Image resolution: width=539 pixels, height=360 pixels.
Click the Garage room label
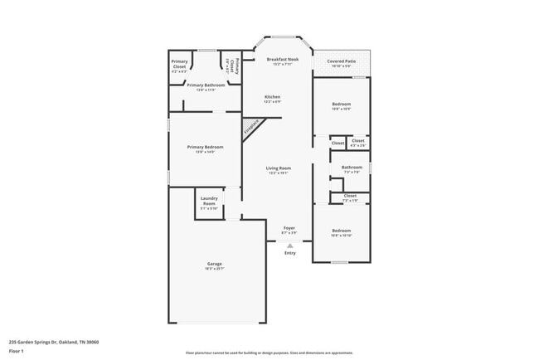click(215, 265)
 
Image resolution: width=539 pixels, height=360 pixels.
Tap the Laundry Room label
click(208, 201)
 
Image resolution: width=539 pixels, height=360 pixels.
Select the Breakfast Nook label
click(283, 60)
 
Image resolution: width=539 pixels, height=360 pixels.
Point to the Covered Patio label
click(342, 61)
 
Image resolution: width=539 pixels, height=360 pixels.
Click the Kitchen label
click(273, 97)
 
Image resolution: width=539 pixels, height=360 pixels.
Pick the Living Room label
click(278, 168)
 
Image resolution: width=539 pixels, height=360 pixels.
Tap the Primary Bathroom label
click(206, 85)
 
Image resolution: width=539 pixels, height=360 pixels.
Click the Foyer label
click(289, 227)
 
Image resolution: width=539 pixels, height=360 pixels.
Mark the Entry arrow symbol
click(289, 246)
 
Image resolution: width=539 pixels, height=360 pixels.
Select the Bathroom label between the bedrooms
click(352, 168)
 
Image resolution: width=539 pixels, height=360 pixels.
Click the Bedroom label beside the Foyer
click(342, 230)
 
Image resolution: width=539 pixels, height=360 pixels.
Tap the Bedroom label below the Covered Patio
click(342, 104)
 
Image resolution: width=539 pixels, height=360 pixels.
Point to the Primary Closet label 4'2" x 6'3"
click(180, 64)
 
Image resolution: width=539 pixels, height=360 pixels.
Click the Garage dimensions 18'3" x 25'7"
click(215, 270)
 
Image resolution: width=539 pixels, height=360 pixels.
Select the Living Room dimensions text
click(278, 174)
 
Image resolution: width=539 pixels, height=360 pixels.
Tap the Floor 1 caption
click(17, 351)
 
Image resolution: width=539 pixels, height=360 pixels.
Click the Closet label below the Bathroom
click(350, 196)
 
